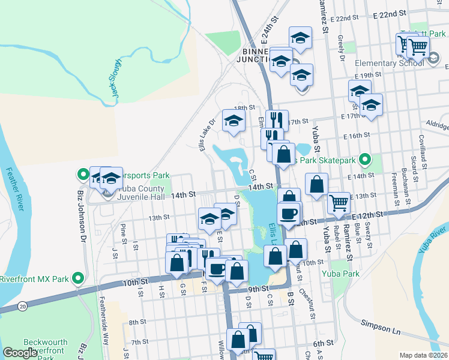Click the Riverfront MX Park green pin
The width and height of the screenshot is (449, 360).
tap(77, 278)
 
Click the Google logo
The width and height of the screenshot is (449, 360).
tap(20, 353)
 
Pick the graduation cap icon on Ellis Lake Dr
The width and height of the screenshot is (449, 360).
tap(234, 121)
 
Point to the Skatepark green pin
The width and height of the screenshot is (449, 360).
tap(363, 160)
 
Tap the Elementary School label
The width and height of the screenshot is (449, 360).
tap(389, 64)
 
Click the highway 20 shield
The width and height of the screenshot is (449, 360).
tap(23, 307)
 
